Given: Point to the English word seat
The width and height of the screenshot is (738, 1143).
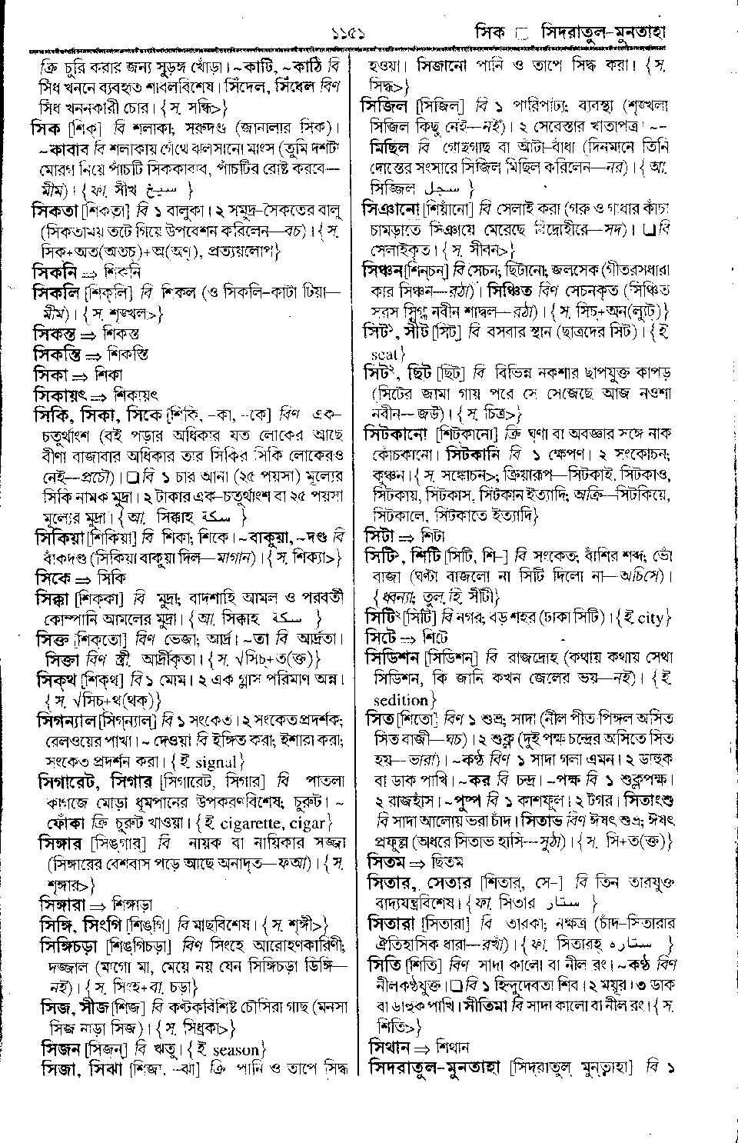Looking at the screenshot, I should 383,355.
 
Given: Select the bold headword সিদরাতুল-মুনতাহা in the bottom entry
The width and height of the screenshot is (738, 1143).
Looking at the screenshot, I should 434,1068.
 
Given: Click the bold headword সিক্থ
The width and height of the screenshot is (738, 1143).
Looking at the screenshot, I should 58,680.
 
